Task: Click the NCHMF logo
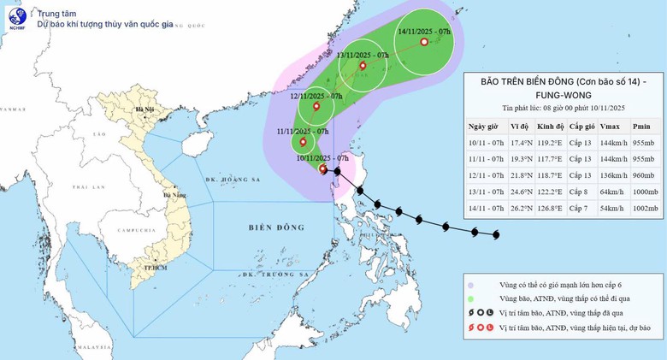point(17,17)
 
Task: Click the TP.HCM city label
point(155,268)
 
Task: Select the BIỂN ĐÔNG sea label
point(271,227)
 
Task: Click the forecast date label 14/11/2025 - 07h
point(424,31)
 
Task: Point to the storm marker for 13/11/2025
point(363,66)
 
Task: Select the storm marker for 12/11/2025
point(317,107)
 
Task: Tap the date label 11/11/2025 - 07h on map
point(303,132)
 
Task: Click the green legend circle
point(471,298)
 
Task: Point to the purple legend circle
point(471,284)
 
